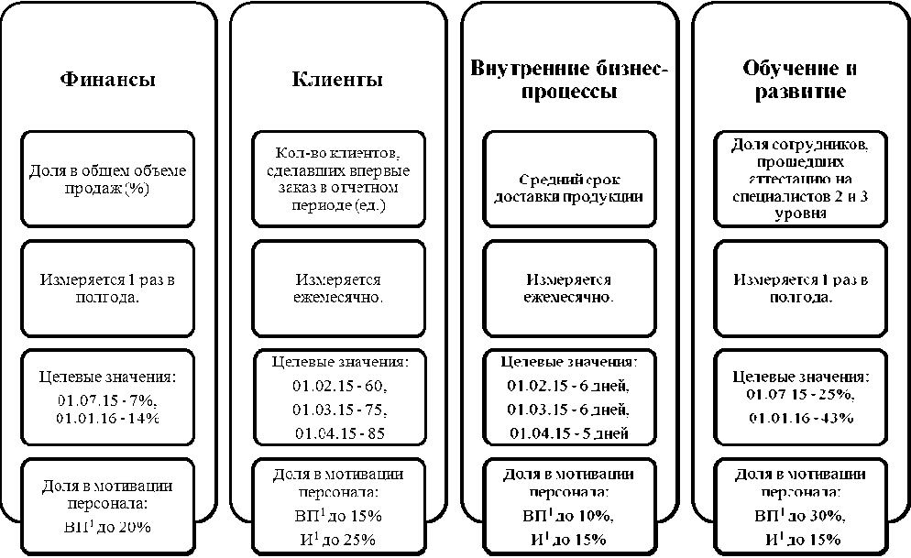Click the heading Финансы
click(107, 79)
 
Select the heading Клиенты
click(337, 79)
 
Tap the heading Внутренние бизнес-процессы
click(569, 80)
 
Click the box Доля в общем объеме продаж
click(107, 181)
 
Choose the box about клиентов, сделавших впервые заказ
click(337, 181)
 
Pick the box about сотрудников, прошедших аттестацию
click(801, 181)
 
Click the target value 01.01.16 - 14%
click(107, 418)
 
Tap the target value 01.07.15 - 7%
click(107, 400)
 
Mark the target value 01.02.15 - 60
click(337, 385)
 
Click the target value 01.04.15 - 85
click(337, 432)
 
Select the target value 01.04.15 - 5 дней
click(569, 432)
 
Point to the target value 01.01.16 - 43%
click(801, 418)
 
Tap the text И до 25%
click(337, 539)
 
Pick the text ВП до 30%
click(801, 517)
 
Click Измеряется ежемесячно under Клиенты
click(337, 289)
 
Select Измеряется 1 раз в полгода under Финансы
click(107, 289)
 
